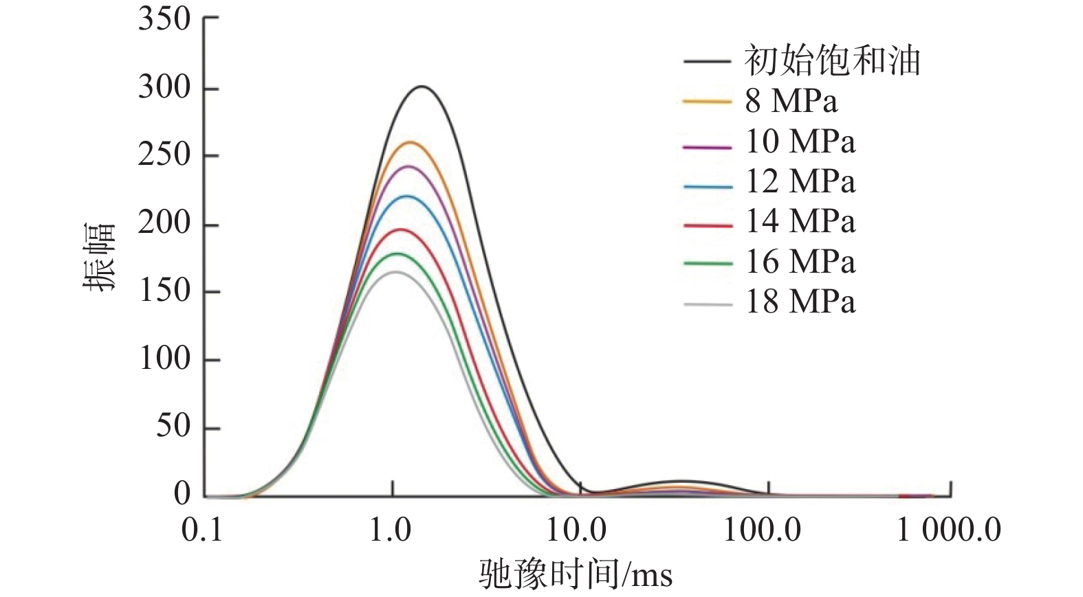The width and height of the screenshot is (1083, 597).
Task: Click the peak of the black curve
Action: tap(422, 87)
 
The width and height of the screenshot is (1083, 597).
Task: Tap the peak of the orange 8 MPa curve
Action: tap(411, 142)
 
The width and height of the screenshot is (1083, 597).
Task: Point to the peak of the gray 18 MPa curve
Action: tap(395, 271)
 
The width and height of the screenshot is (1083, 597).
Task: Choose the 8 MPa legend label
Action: tap(791, 101)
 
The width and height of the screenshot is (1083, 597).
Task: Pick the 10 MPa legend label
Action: tap(800, 142)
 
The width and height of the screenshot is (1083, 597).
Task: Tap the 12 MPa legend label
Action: tap(800, 181)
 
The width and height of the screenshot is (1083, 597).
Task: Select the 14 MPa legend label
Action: tap(800, 221)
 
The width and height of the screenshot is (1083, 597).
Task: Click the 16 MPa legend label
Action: tap(800, 262)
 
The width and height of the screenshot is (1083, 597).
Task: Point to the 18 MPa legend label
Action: tap(800, 302)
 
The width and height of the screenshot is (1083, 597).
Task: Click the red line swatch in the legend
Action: tap(708, 225)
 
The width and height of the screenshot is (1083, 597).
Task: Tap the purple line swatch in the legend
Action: tap(708, 146)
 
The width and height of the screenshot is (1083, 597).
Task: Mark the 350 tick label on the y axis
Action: tap(164, 19)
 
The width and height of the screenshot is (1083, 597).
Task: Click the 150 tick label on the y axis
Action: tap(164, 291)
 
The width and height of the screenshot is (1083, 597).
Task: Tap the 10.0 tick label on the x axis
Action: tap(576, 530)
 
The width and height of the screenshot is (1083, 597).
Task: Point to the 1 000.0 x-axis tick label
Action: tap(949, 530)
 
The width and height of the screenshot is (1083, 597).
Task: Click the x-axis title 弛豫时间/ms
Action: tap(576, 574)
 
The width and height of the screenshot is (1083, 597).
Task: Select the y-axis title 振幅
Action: tap(99, 257)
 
